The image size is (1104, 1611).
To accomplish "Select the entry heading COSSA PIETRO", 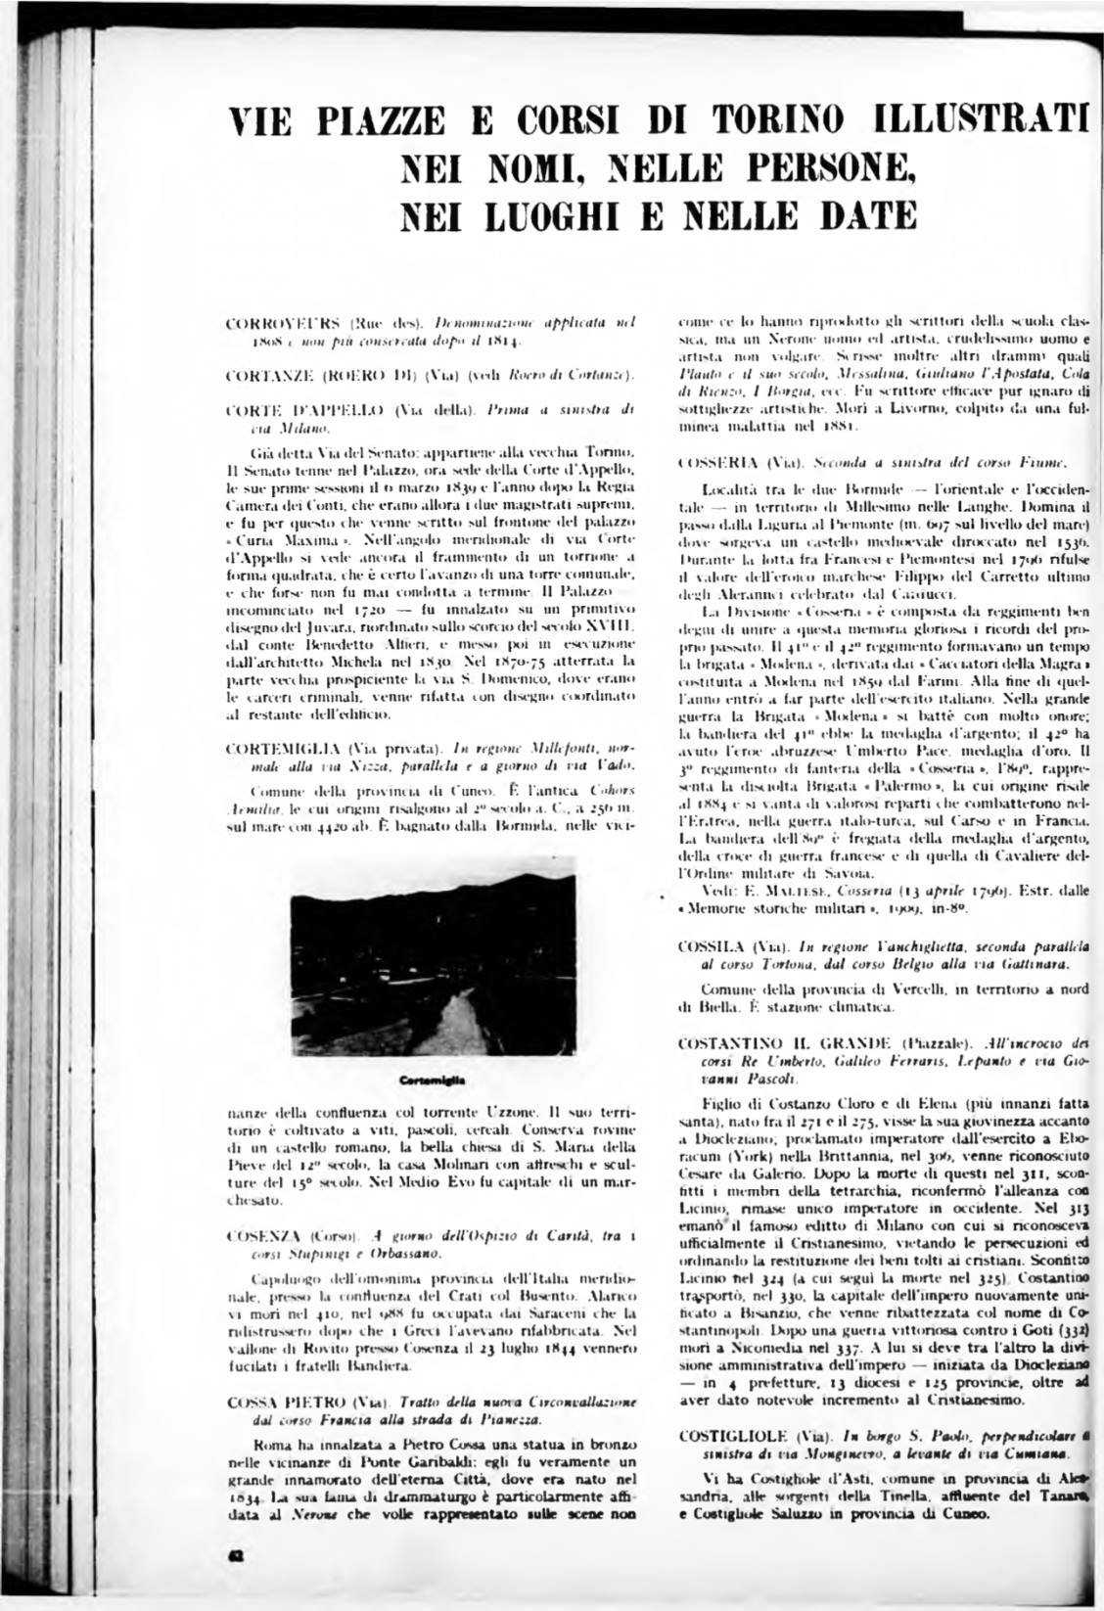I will [281, 1402].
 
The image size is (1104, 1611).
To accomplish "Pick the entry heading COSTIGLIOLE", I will [729, 1435].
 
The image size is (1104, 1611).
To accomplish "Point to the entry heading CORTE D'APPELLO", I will [294, 412].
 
